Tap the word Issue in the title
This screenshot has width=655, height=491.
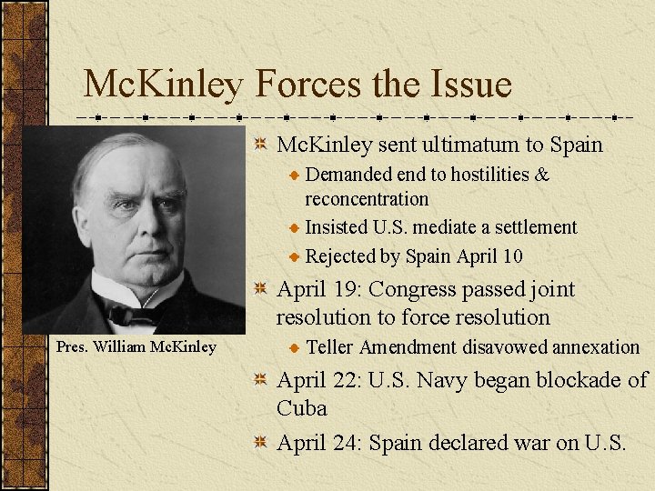click(468, 85)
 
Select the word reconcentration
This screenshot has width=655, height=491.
click(367, 198)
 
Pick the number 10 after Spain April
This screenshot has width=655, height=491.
click(511, 256)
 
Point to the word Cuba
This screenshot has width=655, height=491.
click(301, 408)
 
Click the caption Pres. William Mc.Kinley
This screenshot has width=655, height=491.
click(136, 346)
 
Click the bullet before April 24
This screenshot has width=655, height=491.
click(260, 443)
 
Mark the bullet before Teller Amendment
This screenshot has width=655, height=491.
click(294, 347)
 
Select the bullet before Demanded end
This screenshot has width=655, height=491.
click(294, 175)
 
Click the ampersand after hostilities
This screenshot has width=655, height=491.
click(542, 174)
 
